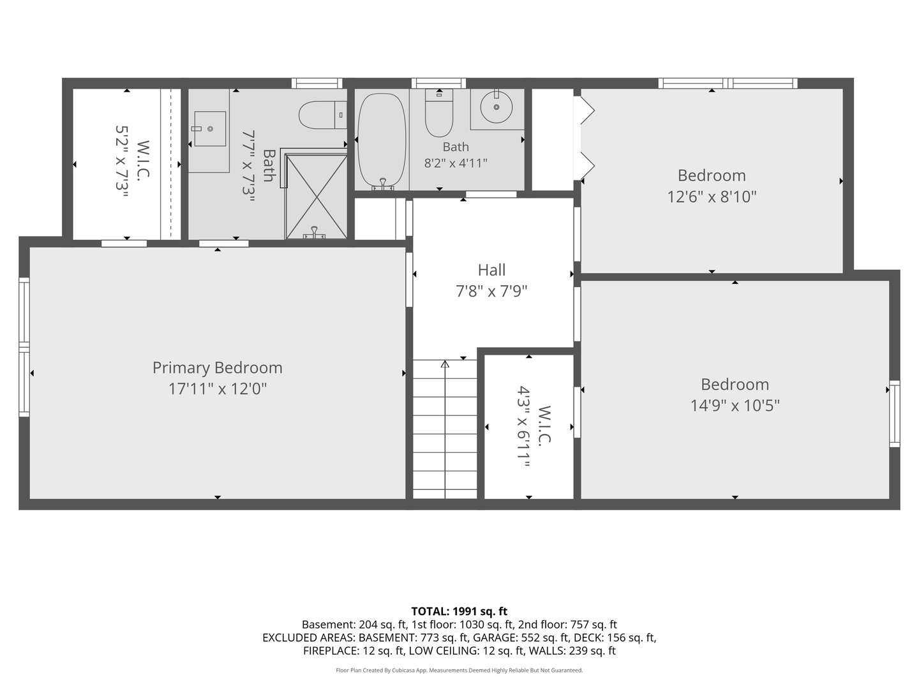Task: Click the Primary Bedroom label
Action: pyautogui.click(x=217, y=367)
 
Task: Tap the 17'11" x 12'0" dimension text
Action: pyautogui.click(x=217, y=389)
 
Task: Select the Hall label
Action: pyautogui.click(x=491, y=270)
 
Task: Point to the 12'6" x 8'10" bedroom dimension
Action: pyautogui.click(x=712, y=196)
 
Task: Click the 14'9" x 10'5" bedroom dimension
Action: pyautogui.click(x=735, y=405)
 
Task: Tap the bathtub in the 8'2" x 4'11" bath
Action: pyautogui.click(x=382, y=140)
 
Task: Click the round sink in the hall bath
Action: pyautogui.click(x=497, y=108)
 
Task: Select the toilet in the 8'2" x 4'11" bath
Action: pyautogui.click(x=439, y=113)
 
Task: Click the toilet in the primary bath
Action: pyautogui.click(x=322, y=115)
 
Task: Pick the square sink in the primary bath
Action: pyautogui.click(x=210, y=128)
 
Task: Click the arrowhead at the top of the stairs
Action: pyautogui.click(x=445, y=364)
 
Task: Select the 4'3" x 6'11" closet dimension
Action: pyautogui.click(x=523, y=426)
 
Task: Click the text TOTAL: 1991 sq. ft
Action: pyautogui.click(x=459, y=612)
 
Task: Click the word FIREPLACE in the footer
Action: pyautogui.click(x=331, y=651)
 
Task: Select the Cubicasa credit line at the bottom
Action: pyautogui.click(x=459, y=670)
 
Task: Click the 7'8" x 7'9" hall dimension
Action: pyautogui.click(x=491, y=291)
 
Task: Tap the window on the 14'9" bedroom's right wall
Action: pyautogui.click(x=894, y=414)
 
